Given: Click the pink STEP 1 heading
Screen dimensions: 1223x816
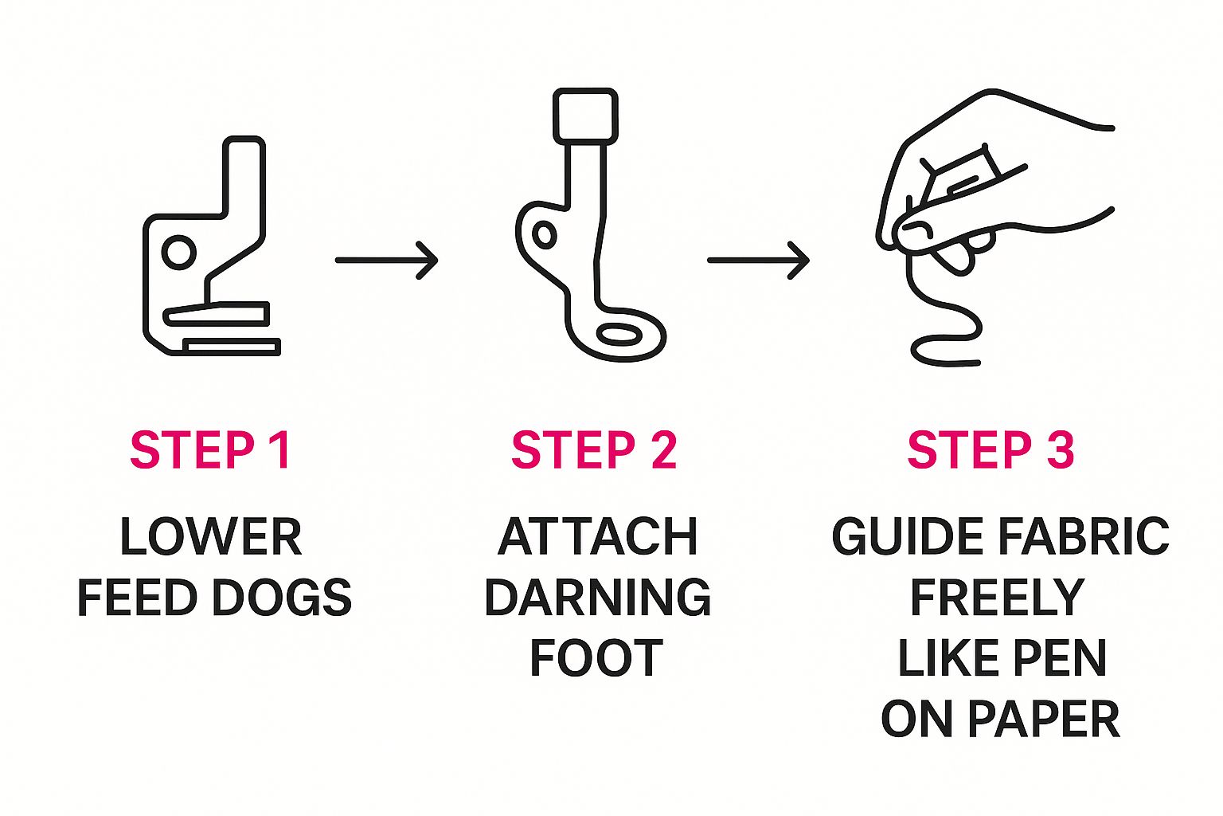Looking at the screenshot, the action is pos(210,449).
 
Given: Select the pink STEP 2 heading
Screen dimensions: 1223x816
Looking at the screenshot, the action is pos(594,449).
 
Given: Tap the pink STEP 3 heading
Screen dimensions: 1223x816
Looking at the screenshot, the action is pos(991,449).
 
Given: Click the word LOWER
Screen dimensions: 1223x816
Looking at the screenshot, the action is pos(211,537).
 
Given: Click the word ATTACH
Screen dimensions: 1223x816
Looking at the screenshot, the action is pos(598,537).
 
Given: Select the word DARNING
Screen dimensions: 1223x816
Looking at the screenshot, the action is pos(598,598).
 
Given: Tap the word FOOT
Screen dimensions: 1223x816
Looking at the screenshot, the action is pos(596,657).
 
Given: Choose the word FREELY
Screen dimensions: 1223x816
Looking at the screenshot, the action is pos(998,598).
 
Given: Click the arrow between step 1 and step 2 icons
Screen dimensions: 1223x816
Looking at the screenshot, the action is pos(386,260).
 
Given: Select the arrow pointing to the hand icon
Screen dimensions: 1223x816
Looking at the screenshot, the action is pos(758,260).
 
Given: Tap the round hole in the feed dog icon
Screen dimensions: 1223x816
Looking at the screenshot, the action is pos(178,253).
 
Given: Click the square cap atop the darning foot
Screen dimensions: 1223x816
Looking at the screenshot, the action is pos(585,116).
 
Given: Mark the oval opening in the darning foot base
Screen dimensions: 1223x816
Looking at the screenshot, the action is pos(619,334).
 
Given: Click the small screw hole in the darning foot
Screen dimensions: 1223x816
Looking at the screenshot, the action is pos(545,236).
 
